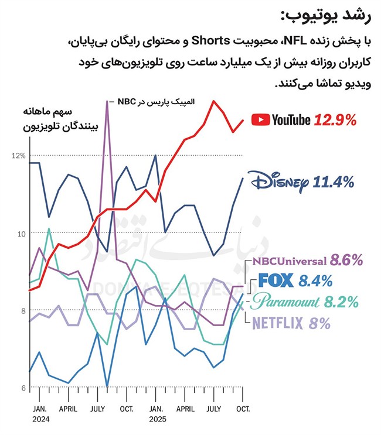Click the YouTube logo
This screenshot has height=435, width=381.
pyautogui.click(x=280, y=119)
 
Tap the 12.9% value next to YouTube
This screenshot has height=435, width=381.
pyautogui.click(x=335, y=120)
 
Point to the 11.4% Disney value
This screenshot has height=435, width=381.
pyautogui.click(x=333, y=183)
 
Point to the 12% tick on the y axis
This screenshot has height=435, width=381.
pyautogui.click(x=18, y=156)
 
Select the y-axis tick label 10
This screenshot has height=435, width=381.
pyautogui.click(x=19, y=234)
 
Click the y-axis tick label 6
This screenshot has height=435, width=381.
pyautogui.click(x=22, y=389)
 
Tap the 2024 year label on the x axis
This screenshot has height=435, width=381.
pyautogui.click(x=40, y=420)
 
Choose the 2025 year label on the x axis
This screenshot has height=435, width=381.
pyautogui.click(x=157, y=420)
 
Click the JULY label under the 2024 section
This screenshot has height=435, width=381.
pyautogui.click(x=98, y=409)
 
